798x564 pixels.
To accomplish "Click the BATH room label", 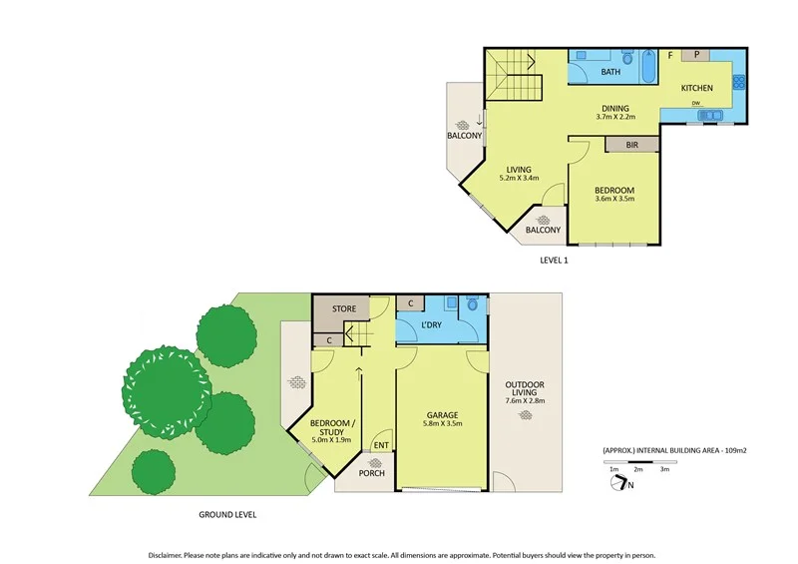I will coord(610,72).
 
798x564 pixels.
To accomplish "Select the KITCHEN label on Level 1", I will coord(696,89).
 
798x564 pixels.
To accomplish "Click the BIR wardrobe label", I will coord(631,145).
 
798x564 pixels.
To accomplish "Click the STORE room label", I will coord(343,309).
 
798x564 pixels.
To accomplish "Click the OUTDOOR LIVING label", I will coord(525,391).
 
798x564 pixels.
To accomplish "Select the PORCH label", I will coord(371,472).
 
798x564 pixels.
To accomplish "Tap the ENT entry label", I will coord(380,445).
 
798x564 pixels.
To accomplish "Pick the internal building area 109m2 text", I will coord(674,450).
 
